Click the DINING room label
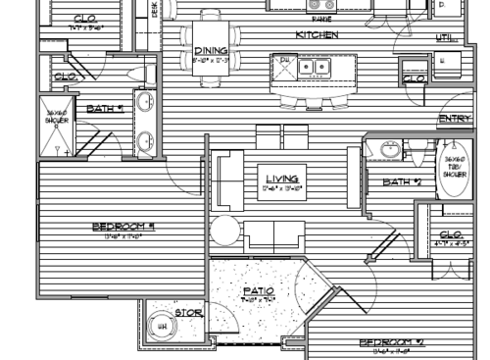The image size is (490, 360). (x=211, y=52)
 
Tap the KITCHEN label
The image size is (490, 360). (x=318, y=34)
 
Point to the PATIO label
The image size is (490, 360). (x=259, y=290)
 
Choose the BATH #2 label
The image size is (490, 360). (x=403, y=181)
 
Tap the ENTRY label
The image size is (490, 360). (x=455, y=119)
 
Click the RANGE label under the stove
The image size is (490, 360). (x=319, y=19)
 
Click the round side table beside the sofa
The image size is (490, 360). (x=224, y=231)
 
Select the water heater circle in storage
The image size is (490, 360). (x=162, y=326)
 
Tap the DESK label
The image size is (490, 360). (x=155, y=8)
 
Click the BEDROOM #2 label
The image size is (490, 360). (x=390, y=343)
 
